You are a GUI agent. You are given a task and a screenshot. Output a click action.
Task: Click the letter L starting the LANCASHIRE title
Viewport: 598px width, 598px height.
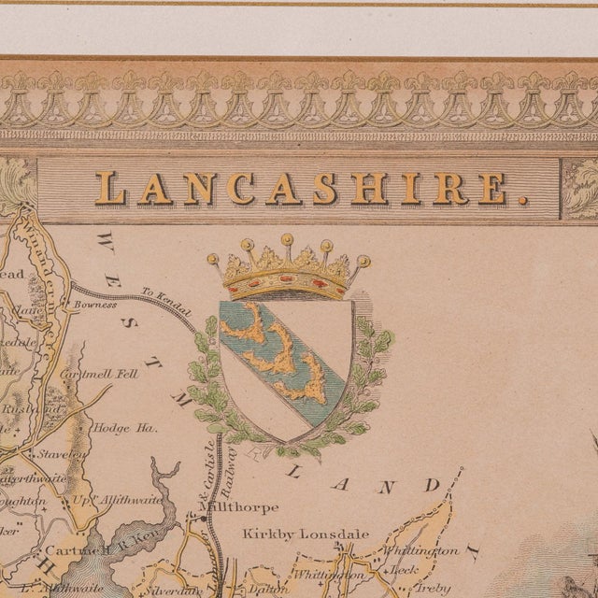click(110, 189)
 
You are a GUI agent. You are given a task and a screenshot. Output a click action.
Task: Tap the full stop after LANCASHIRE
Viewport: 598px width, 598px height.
click(521, 199)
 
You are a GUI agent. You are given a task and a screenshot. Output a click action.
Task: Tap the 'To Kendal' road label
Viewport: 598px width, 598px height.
click(165, 293)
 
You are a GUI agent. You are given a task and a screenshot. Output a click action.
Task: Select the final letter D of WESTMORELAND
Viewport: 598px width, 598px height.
click(431, 485)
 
